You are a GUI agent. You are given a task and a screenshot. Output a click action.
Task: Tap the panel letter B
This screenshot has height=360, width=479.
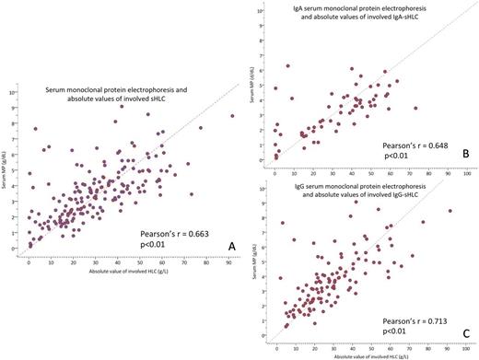(466, 155)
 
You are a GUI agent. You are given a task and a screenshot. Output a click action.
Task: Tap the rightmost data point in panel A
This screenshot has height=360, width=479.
(232, 116)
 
